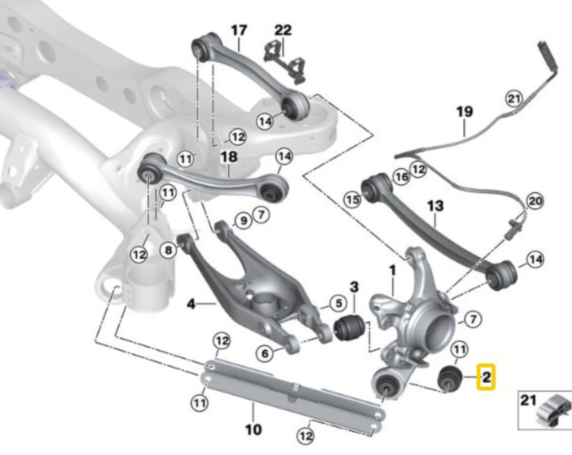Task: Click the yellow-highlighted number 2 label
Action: coord(486,377)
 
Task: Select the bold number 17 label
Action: coord(239,30)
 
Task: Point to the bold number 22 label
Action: coord(283,30)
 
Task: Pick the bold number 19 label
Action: coord(464,111)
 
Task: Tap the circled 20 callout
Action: coord(535,201)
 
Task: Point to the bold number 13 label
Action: coord(435,206)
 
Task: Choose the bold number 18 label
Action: coord(228,157)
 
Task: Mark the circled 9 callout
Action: coord(243,220)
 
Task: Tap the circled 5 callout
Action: coord(338,303)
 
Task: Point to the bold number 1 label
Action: coord(393,271)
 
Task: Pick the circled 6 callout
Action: coord(265,353)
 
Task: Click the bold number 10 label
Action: coord(253,429)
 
